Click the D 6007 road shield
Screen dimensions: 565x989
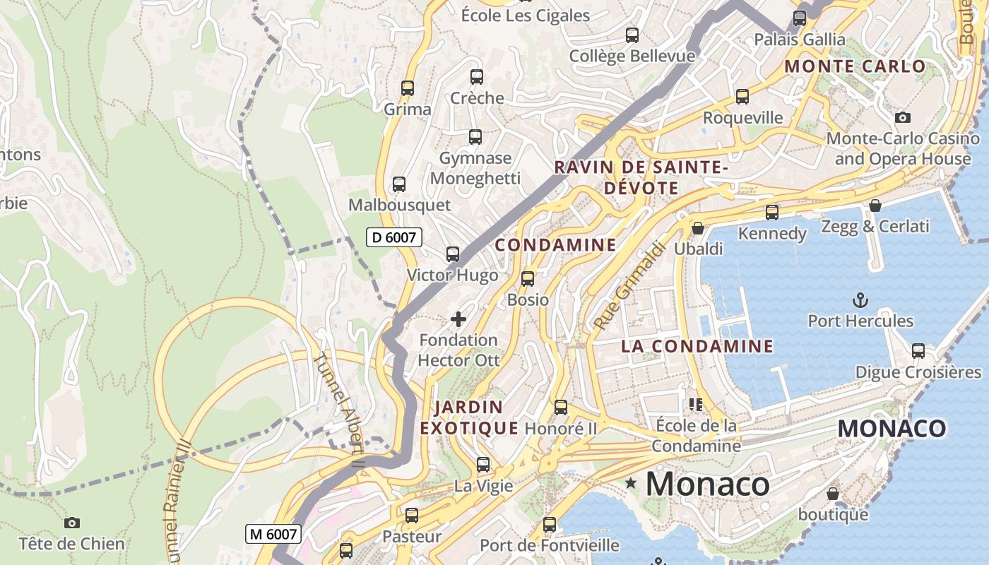394,237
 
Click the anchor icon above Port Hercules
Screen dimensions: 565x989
860,300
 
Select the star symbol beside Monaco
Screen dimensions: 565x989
631,484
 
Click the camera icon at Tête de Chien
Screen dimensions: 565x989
71,523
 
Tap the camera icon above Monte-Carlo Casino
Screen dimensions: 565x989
902,117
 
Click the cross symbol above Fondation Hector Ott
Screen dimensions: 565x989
458,319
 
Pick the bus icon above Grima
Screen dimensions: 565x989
408,88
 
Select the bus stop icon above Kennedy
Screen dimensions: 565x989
772,212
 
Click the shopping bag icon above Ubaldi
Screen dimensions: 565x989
698,228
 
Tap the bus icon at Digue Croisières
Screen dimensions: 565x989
918,350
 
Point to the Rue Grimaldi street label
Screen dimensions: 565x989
629,286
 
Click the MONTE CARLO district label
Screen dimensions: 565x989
855,66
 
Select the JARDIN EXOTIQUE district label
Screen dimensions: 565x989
470,417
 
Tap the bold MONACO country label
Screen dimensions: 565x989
892,428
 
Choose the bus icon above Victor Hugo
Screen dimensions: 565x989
453,254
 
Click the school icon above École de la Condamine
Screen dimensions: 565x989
696,405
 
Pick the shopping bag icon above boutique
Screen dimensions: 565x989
833,493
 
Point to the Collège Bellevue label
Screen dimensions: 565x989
632,56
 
